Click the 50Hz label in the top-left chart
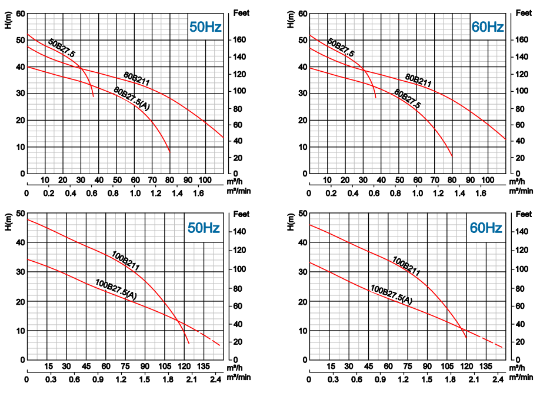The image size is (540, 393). click(x=205, y=27)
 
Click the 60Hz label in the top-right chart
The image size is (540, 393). click(x=487, y=27)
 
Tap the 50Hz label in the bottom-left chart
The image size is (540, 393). click(x=203, y=228)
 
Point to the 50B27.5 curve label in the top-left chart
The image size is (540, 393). click(x=62, y=48)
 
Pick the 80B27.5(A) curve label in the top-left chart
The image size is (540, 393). click(x=132, y=98)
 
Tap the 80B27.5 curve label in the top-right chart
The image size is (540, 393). click(x=407, y=98)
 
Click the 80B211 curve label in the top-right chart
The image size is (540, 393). click(x=418, y=81)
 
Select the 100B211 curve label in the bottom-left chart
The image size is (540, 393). click(x=125, y=260)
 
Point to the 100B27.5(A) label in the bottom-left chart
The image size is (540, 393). click(x=116, y=289)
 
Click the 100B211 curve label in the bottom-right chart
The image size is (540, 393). click(x=406, y=266)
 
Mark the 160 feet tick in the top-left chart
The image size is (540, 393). click(x=239, y=40)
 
